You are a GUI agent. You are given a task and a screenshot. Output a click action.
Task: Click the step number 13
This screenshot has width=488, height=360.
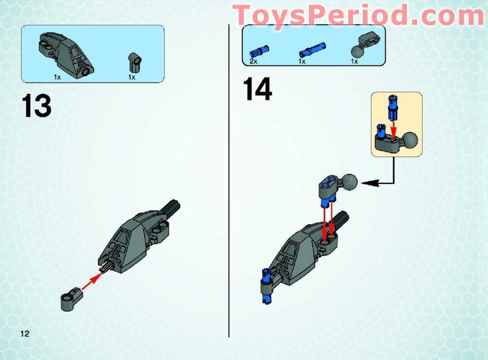tap(36, 105)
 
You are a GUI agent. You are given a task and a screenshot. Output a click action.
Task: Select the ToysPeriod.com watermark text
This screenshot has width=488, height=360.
tap(359, 14)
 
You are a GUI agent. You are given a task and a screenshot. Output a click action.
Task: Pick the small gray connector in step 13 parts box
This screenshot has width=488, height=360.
tap(135, 62)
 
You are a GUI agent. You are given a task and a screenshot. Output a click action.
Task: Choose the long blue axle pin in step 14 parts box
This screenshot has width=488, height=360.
tap(309, 48)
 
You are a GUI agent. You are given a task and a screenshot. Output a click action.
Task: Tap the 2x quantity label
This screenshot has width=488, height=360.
tap(254, 62)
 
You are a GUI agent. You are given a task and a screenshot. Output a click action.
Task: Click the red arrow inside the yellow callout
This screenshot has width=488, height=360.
tap(393, 126)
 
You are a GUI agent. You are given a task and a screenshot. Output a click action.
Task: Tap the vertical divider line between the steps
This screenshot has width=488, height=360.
tap(228, 190)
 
